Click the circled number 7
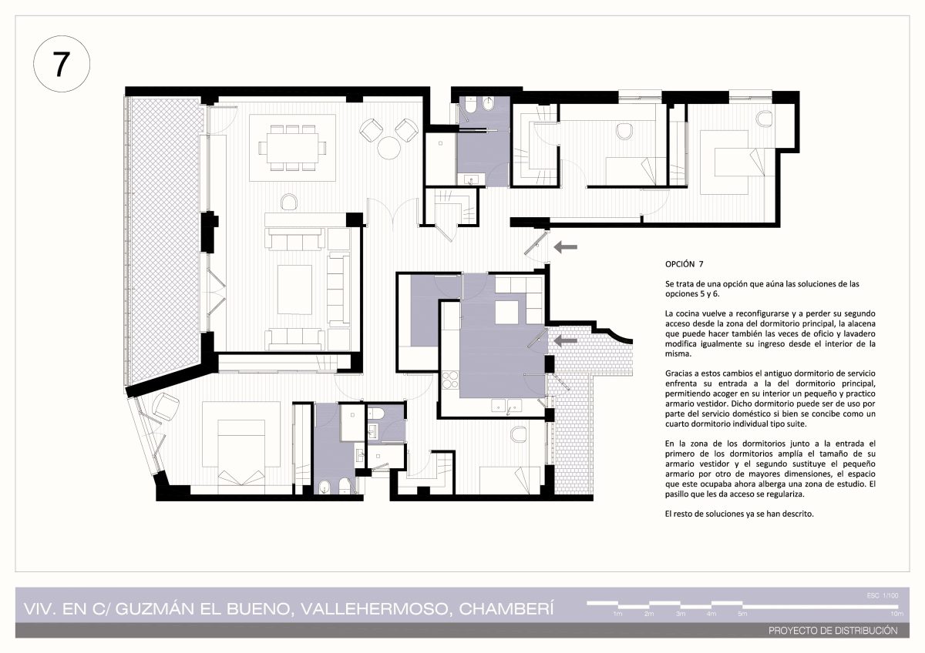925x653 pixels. coord(61,64)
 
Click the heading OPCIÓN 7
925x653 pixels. coord(684,264)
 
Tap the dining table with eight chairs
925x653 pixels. coord(292,148)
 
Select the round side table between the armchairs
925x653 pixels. coord(388,147)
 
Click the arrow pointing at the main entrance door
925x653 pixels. coord(565,247)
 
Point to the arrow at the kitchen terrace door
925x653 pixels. coord(565,340)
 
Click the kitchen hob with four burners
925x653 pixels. coord(449,380)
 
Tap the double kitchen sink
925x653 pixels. coord(506,406)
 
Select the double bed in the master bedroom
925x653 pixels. coord(241,452)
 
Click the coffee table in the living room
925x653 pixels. coord(294,290)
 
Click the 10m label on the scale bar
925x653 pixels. coord(897,614)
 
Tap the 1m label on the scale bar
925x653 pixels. coord(617,614)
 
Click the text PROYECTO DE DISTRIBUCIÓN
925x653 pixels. coord(833,631)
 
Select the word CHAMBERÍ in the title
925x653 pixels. coord(506,609)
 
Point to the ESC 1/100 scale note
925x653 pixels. coord(883,595)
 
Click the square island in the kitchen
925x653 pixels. coord(506,313)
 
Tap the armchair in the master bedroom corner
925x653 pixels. coord(165,406)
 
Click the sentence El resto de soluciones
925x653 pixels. coord(739,514)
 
